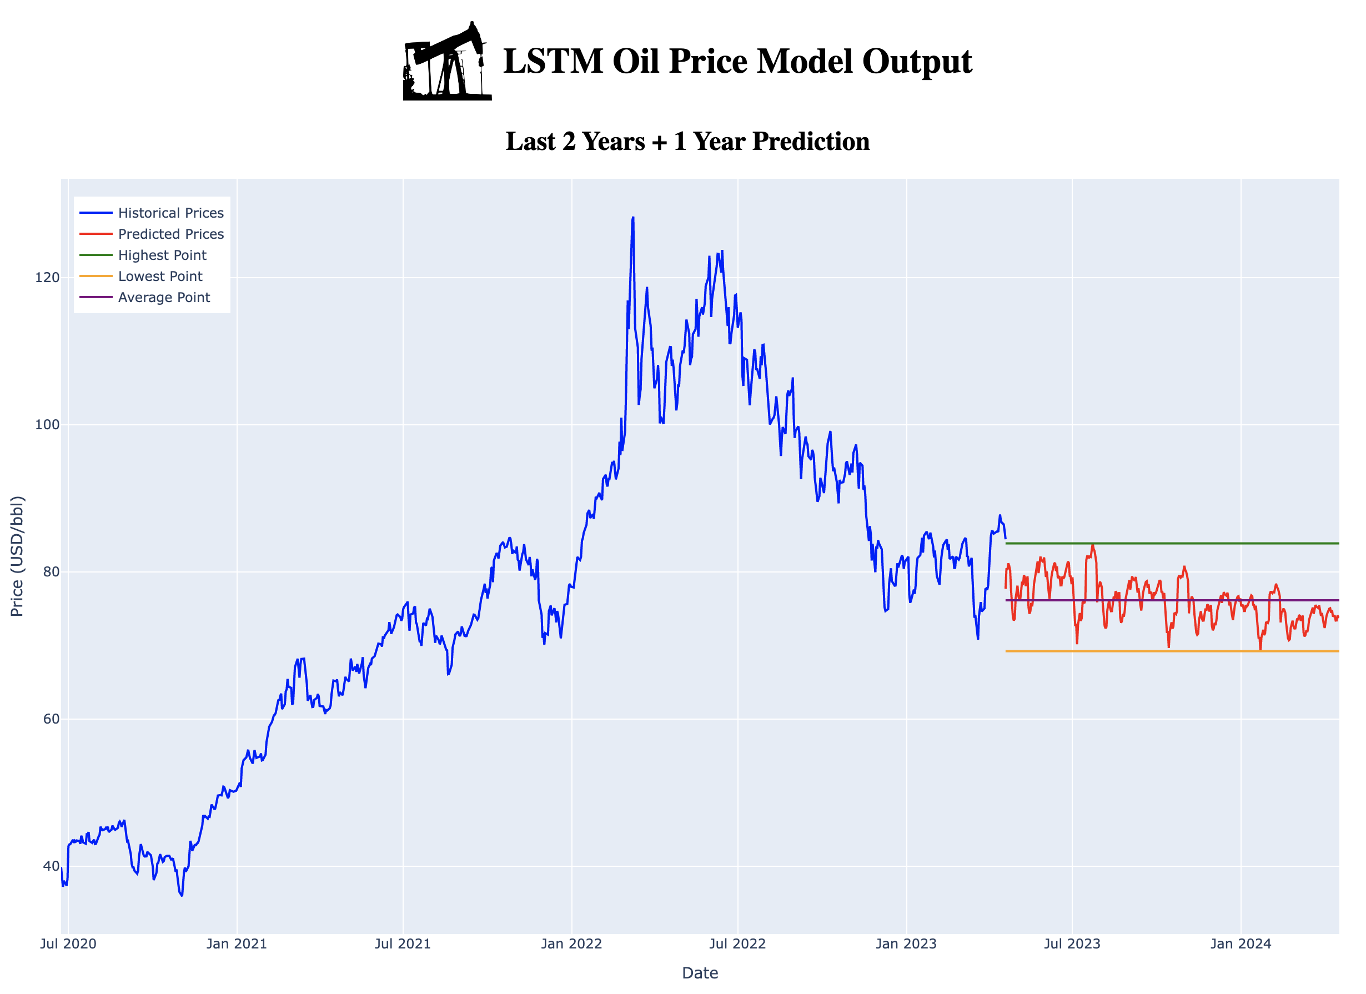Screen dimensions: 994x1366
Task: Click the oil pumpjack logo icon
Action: [x=447, y=62]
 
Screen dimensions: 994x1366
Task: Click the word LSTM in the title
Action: [x=553, y=62]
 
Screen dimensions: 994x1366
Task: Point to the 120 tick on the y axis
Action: [x=48, y=278]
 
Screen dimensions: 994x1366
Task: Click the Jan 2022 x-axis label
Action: [x=571, y=943]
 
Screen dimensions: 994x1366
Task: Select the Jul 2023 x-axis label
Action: [x=1072, y=943]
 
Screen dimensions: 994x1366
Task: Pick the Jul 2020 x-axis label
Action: [x=68, y=943]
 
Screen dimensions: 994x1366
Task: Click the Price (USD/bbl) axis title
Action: [x=17, y=556]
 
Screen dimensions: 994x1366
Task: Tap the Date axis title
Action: [x=700, y=973]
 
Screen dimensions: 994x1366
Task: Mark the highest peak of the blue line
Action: [x=632, y=218]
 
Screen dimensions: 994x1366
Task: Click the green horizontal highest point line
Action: [x=1174, y=544]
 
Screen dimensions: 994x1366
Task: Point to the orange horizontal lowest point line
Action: [x=1174, y=651]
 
